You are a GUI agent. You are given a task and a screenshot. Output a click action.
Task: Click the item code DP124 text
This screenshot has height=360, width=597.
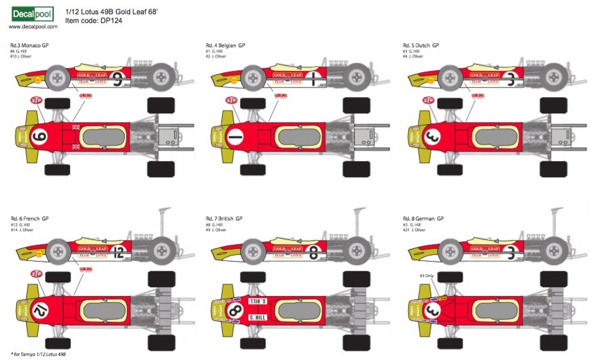[94, 21]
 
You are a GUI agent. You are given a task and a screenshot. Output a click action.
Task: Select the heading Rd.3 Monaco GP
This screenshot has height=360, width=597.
[30, 45]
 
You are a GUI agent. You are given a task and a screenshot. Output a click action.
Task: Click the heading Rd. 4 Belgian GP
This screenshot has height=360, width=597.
[225, 45]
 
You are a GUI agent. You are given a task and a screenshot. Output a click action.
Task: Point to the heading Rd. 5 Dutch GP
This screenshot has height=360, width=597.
[421, 45]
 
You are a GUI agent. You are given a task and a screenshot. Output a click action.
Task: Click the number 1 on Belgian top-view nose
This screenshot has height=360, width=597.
[234, 138]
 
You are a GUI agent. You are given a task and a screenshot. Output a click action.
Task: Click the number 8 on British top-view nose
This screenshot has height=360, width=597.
[235, 311]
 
